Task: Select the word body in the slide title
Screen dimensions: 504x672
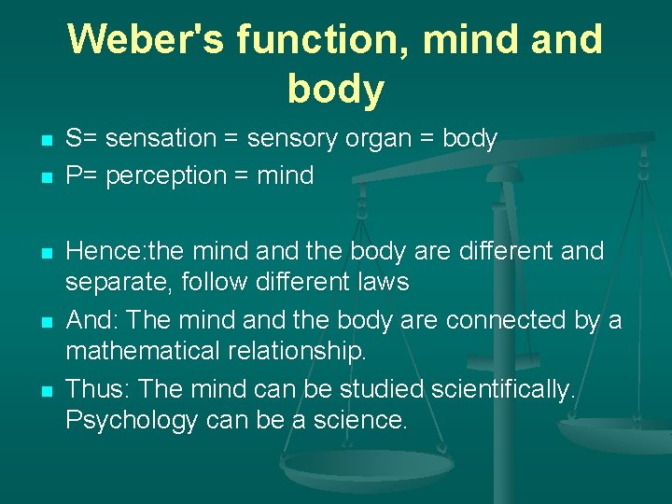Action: click(x=336, y=89)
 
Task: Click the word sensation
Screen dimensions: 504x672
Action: click(x=161, y=139)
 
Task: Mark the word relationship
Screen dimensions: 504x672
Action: click(x=309, y=351)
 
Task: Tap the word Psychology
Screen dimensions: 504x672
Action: click(x=131, y=420)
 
